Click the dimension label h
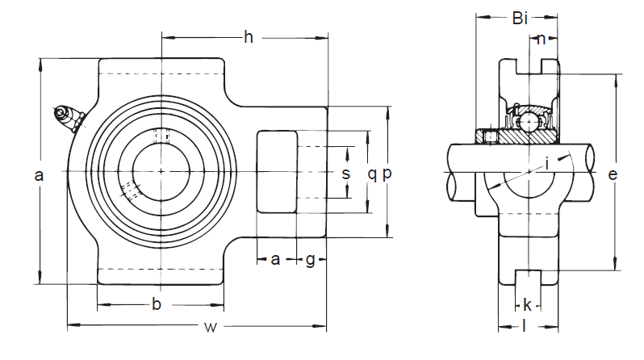[249, 36]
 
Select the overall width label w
[211, 327]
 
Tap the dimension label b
[157, 304]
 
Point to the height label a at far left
[39, 174]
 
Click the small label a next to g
[275, 259]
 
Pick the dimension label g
[311, 259]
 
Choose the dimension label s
[345, 174]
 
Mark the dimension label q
[372, 174]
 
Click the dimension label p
[387, 174]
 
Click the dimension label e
[613, 174]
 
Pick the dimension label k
[527, 304]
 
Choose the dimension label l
[525, 326]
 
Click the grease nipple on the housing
[68, 117]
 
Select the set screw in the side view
[491, 138]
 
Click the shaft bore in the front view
[161, 170]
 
